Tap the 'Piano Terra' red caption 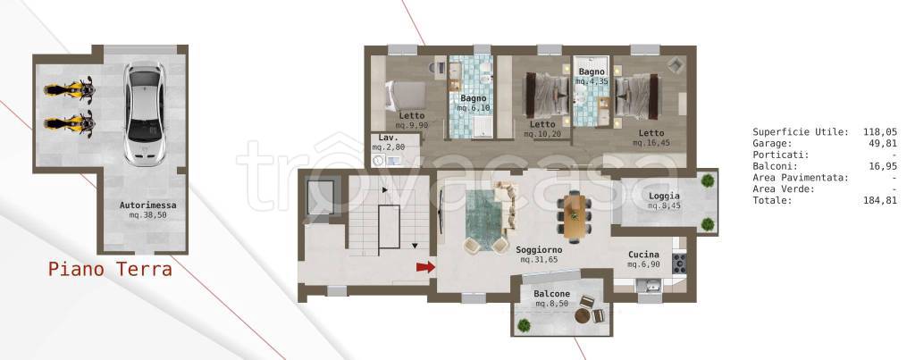pos(110,270)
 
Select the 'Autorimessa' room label pos(148,205)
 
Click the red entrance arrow pos(426,267)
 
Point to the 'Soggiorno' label pos(539,250)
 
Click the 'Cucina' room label pos(643,255)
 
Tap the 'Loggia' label pos(664,196)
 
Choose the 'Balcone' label pos(552,294)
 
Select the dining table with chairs pos(575,212)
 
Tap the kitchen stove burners pos(679,264)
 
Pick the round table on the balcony pos(583,315)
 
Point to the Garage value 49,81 pos(885,143)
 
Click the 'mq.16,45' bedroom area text pos(651,142)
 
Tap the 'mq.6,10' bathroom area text pos(474,108)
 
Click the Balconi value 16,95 pos(885,165)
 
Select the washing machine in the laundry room pos(378,160)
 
